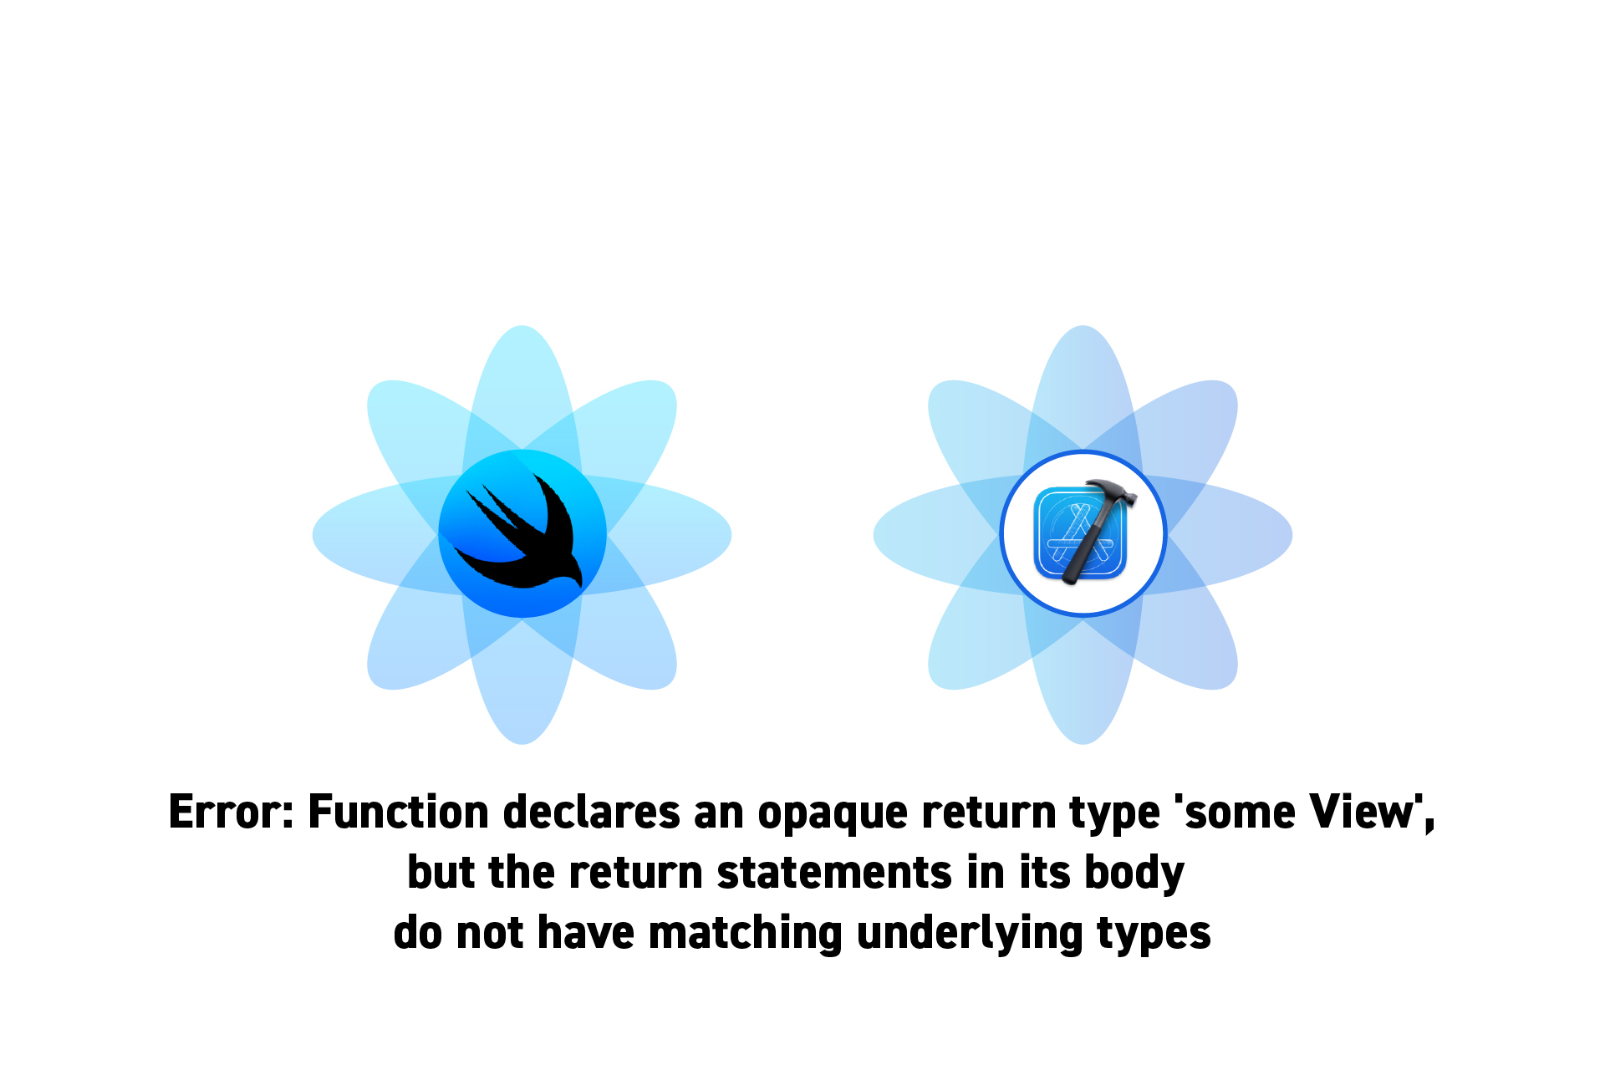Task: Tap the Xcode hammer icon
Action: click(1083, 533)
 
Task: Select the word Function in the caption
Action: click(398, 812)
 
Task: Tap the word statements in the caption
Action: click(834, 873)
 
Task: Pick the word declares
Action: click(592, 812)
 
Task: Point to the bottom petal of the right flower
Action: click(1083, 681)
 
